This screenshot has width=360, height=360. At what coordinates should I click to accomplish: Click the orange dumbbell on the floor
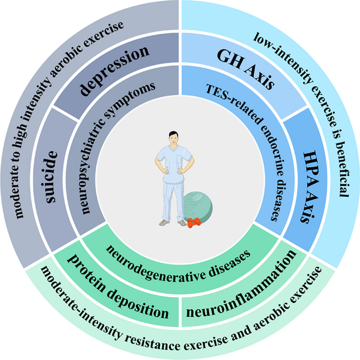pos(193,223)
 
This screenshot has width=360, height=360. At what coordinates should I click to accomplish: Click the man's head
pos(174,139)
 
